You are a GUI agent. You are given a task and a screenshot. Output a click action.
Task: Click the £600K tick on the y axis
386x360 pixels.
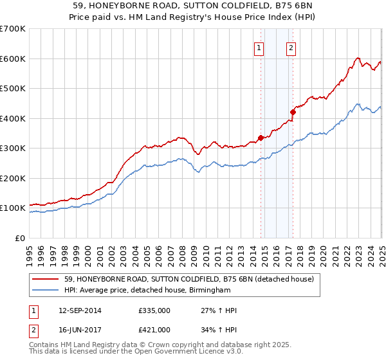click(x=13, y=59)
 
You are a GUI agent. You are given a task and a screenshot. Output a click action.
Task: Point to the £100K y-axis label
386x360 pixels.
click(x=13, y=208)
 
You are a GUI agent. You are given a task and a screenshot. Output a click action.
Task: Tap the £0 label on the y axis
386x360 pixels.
click(x=20, y=239)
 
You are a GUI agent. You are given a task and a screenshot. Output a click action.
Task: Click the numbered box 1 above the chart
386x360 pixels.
click(x=259, y=47)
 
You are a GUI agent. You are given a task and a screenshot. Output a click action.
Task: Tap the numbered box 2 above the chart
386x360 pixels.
click(x=291, y=47)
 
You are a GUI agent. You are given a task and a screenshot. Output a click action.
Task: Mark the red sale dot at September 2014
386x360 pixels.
click(x=261, y=137)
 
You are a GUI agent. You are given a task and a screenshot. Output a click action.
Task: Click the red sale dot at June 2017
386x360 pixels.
click(x=293, y=112)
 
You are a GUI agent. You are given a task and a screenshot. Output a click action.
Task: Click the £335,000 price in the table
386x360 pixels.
click(x=154, y=310)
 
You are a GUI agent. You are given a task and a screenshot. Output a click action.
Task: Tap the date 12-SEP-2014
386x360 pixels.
click(x=80, y=310)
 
